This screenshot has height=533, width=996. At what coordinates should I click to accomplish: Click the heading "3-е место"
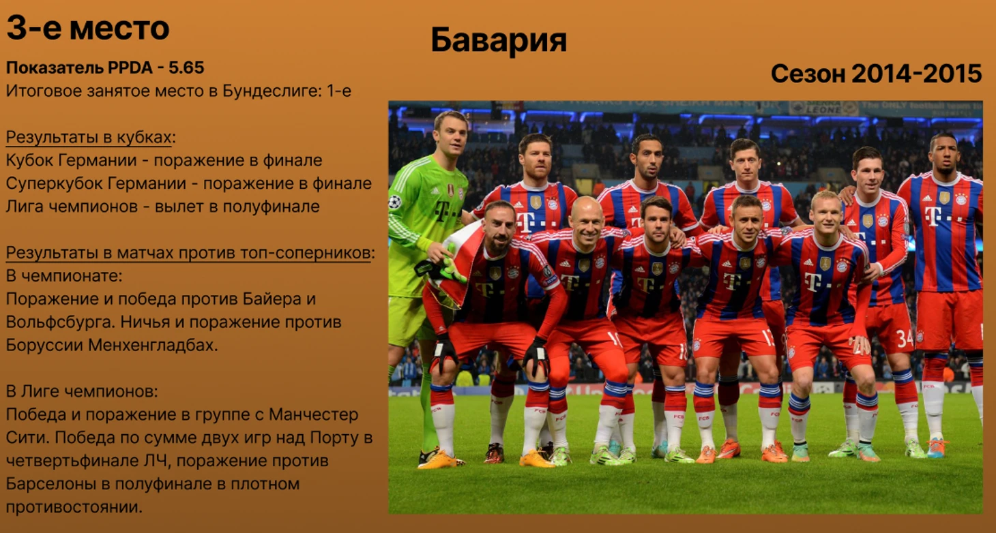click(x=88, y=27)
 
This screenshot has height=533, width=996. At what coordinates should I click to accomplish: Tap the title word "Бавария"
click(x=499, y=41)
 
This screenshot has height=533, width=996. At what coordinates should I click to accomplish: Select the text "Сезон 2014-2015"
click(x=876, y=74)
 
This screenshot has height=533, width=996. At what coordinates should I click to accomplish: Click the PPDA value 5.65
click(x=186, y=67)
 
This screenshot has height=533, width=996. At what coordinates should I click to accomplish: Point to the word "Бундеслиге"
click(x=272, y=91)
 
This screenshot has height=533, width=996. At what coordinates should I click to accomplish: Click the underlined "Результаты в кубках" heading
click(x=89, y=137)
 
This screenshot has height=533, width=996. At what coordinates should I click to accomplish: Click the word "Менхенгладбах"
click(x=153, y=345)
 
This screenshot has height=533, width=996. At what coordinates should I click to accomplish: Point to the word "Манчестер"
click(x=313, y=415)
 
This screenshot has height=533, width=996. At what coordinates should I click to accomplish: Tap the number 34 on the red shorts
click(x=904, y=339)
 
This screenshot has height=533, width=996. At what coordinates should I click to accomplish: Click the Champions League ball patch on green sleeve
click(x=395, y=202)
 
